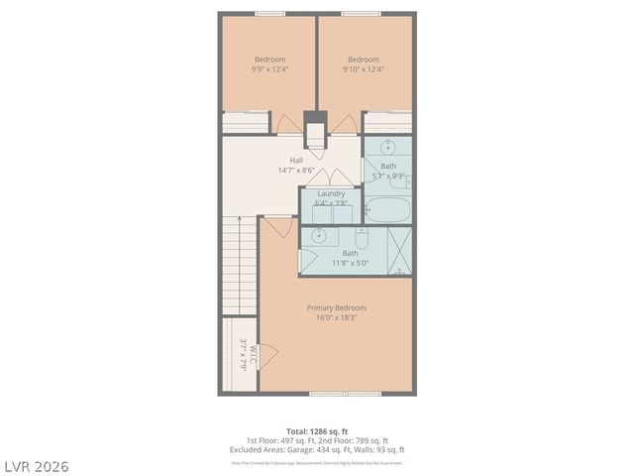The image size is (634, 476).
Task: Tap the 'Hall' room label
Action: [296, 160]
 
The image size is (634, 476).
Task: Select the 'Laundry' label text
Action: [331, 193]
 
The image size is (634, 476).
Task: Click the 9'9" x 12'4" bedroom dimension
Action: [270, 69]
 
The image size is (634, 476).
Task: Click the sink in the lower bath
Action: [319, 236]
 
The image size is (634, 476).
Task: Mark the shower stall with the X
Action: [397, 250]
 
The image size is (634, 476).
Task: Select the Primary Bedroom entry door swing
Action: [279, 227]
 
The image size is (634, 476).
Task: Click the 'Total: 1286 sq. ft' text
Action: [317, 431]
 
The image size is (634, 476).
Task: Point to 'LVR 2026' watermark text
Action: [36, 465]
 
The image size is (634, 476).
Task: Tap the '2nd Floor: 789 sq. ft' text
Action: [357, 440]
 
